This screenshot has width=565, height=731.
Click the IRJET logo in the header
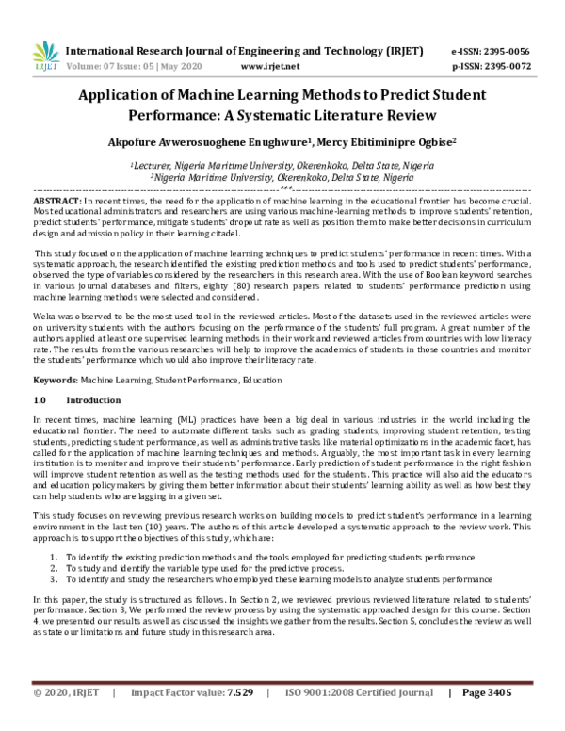[x=43, y=56]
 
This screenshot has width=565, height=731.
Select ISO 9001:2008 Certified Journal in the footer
[x=345, y=718]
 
